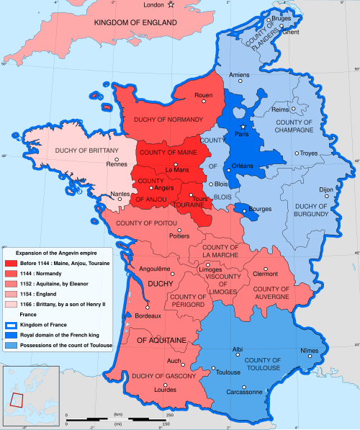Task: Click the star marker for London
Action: point(171,6)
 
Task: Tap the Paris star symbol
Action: point(243,127)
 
